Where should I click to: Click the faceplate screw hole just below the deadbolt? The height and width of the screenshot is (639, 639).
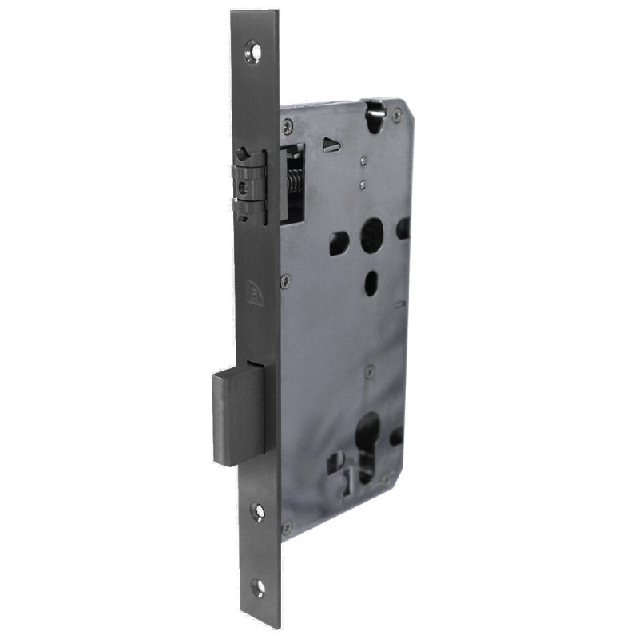pyautogui.click(x=256, y=507)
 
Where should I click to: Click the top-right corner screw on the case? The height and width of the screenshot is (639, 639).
pyautogui.click(x=397, y=117)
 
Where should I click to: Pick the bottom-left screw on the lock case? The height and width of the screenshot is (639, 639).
pyautogui.click(x=286, y=526)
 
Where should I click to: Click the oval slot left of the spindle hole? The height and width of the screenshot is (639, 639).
pyautogui.click(x=337, y=237)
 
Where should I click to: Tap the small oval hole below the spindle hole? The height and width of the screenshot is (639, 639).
pyautogui.click(x=371, y=280)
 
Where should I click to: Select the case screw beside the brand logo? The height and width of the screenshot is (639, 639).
pyautogui.click(x=287, y=280)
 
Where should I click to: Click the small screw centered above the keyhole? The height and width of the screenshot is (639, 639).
pyautogui.click(x=370, y=371)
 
